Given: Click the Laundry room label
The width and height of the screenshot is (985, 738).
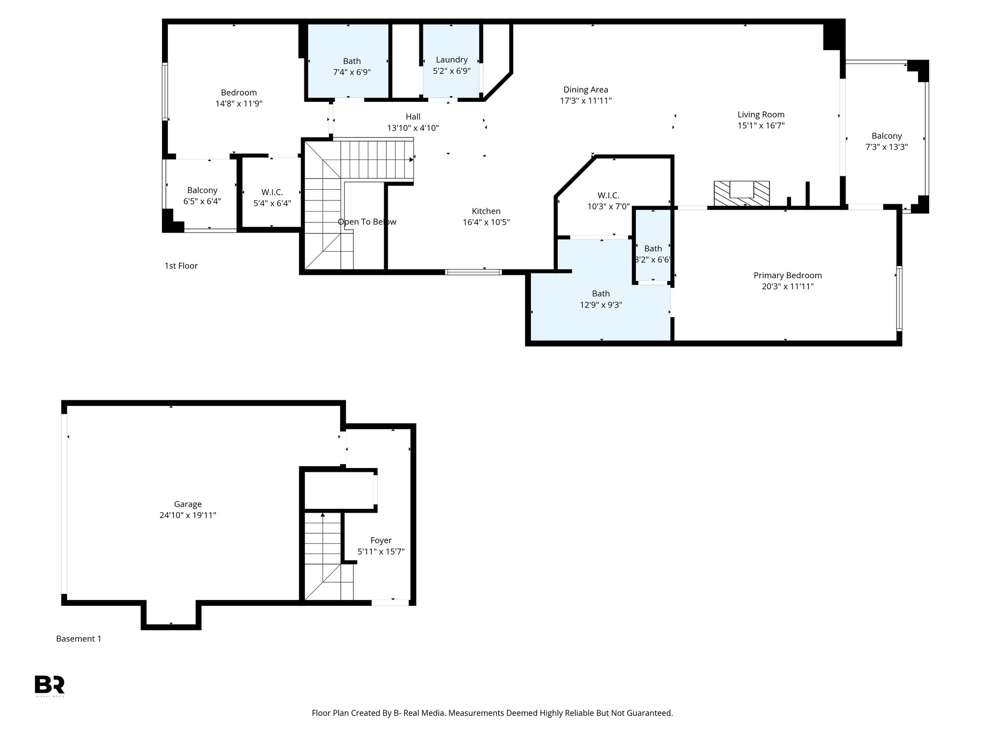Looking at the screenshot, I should click(x=451, y=60).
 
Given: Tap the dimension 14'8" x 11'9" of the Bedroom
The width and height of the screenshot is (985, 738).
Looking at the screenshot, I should click(x=239, y=103).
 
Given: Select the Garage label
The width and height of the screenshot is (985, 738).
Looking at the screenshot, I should click(x=188, y=504).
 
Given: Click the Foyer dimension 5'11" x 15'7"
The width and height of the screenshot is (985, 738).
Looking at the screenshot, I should click(x=381, y=552).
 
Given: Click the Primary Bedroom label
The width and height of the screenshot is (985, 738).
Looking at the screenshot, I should click(x=787, y=275).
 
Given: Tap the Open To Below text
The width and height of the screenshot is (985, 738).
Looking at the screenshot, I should click(x=367, y=221).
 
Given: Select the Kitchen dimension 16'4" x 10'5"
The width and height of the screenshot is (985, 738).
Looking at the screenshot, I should click(x=486, y=222).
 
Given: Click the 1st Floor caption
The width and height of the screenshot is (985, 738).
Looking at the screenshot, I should click(x=181, y=266).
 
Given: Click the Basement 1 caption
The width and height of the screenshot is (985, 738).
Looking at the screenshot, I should click(x=78, y=639).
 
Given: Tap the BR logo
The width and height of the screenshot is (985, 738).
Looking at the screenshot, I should click(x=49, y=685).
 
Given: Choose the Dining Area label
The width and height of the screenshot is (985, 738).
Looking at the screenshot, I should click(x=585, y=89).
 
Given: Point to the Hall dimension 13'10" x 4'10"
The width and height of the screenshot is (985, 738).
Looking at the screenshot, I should click(x=413, y=128).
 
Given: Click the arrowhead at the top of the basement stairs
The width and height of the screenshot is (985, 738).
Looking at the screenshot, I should click(x=323, y=515).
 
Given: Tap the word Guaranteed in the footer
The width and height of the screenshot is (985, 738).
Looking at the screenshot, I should click(x=647, y=713).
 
